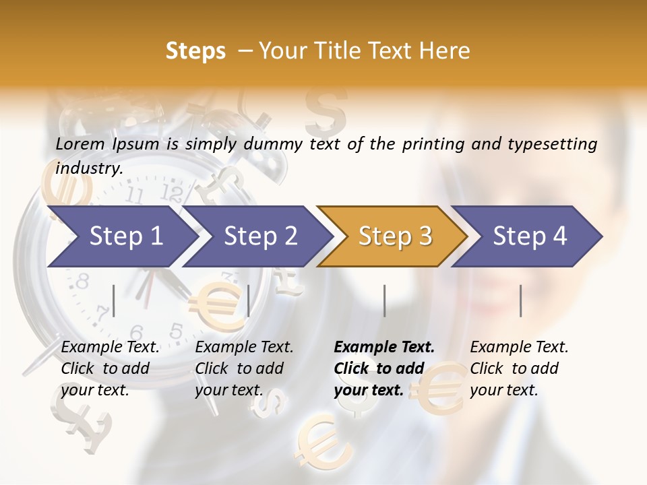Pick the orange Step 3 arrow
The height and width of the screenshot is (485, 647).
pos(392,236)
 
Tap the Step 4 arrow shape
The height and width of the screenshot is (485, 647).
pos(527,236)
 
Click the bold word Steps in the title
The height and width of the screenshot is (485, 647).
pos(195,51)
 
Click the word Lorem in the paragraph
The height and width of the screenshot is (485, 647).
pos(80,143)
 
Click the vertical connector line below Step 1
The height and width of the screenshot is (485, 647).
pos(114,300)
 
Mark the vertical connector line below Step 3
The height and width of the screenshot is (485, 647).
pos(385,300)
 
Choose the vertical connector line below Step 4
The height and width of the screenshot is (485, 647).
pos(521,300)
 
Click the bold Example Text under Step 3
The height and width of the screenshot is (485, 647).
pos(384,348)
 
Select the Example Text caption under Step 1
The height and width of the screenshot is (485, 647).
pos(110,348)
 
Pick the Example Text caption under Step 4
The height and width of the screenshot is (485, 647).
pos(519,348)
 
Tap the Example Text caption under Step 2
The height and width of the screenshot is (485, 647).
pos(244,348)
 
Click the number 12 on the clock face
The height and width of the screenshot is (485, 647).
pos(173,195)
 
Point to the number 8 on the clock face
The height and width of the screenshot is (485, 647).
pos(82,282)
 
